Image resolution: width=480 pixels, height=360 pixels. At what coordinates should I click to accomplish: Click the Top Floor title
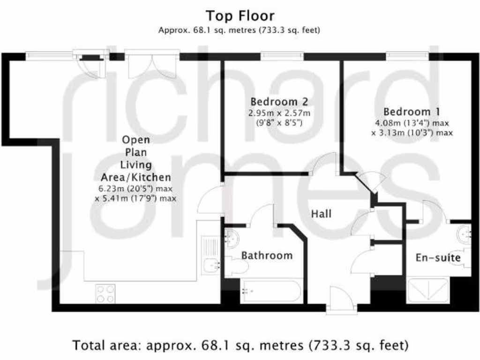click(240, 16)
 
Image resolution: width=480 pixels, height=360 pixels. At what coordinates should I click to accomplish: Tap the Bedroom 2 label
click(280, 102)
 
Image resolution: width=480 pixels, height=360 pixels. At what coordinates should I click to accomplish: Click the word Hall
click(322, 214)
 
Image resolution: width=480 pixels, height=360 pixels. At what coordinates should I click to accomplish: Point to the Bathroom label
click(267, 255)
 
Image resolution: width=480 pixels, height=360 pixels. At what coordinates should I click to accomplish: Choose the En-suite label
click(438, 258)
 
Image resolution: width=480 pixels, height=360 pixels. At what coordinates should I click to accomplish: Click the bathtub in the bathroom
click(270, 292)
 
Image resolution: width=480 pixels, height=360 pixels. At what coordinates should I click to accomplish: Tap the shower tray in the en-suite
click(427, 290)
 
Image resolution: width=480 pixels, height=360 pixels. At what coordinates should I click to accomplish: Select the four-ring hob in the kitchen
click(105, 294)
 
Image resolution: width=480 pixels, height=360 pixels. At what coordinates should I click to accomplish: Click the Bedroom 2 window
click(282, 56)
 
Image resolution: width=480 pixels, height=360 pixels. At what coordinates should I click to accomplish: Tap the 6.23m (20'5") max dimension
click(136, 189)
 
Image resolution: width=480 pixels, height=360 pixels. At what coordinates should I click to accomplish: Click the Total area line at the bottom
click(240, 345)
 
